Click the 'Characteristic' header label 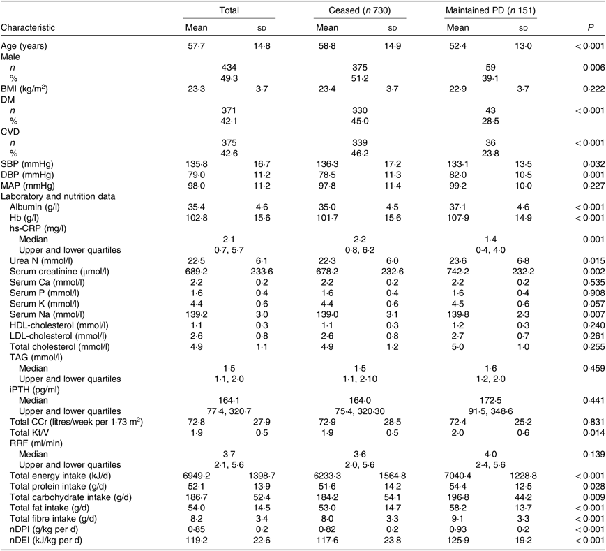(29, 27)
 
